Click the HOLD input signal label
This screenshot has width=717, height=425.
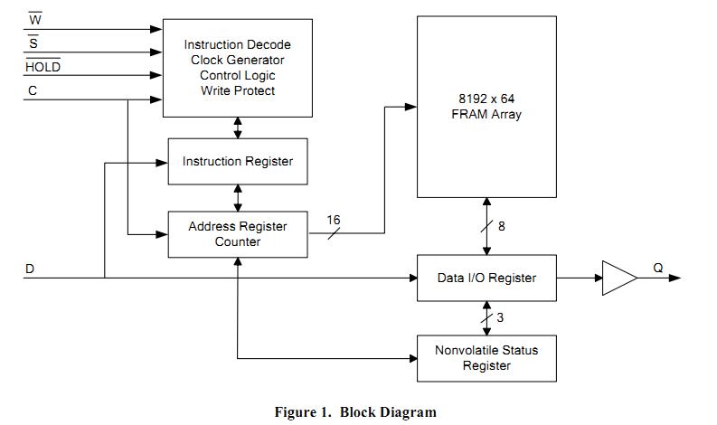43,66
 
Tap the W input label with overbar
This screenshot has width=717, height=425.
35,19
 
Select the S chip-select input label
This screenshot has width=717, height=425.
33,42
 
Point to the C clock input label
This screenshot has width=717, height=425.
33,90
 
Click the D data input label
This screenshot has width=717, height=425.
30,269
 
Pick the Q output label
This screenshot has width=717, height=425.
658,268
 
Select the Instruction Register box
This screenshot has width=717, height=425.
238,162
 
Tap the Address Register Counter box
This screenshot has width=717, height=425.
238,234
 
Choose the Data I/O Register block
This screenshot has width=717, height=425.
486,279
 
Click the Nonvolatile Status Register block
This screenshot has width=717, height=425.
486,358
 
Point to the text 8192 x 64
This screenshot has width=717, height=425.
486,99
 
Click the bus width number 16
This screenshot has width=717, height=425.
334,220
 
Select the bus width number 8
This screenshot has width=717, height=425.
502,226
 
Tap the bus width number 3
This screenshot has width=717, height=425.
500,317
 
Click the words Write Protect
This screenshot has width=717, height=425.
238,90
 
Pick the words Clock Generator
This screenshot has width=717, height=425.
238,60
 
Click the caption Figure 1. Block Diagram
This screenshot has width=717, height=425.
355,412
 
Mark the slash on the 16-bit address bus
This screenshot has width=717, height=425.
334,233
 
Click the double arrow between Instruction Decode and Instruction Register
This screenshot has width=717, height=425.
238,127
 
